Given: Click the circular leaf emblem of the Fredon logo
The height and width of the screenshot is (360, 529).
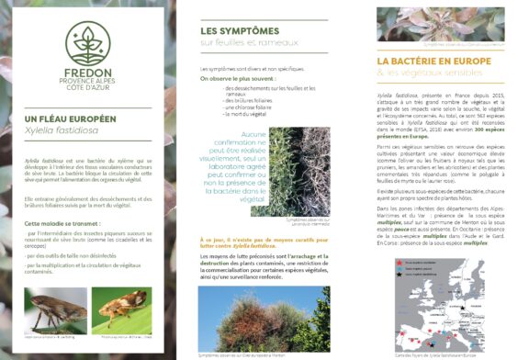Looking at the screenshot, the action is tap(88, 43).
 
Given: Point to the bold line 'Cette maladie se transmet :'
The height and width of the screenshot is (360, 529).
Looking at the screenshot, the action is tap(65, 223).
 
